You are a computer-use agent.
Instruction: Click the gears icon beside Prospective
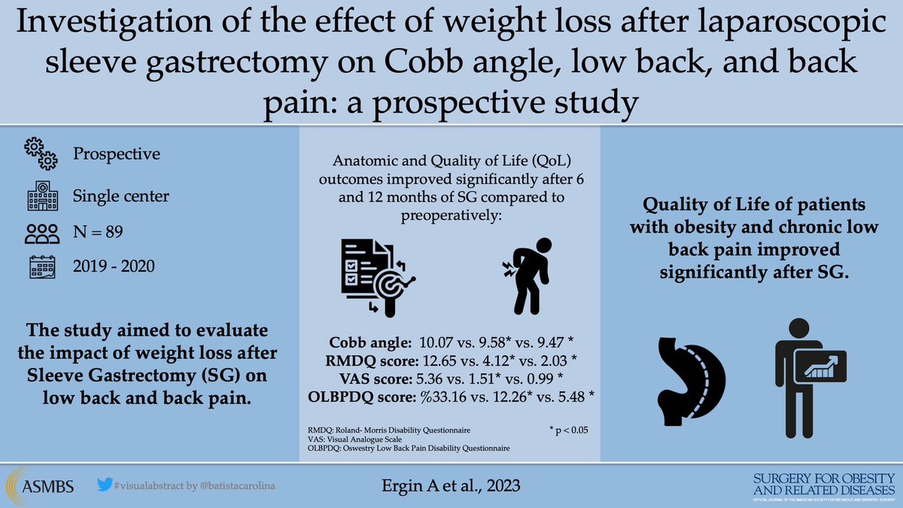[x=41, y=154]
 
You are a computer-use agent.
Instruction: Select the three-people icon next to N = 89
[x=41, y=234]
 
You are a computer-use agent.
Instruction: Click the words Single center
[x=121, y=196]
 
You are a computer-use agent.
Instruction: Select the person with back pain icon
[x=524, y=275]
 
